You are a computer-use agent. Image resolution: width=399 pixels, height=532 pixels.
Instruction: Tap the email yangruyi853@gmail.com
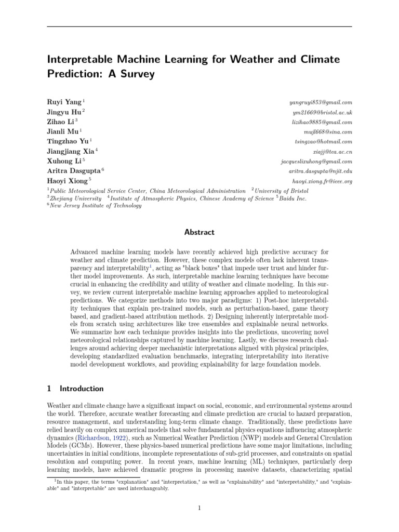click(322, 102)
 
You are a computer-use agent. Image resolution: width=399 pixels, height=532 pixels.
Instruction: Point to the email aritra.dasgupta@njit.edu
click(321, 171)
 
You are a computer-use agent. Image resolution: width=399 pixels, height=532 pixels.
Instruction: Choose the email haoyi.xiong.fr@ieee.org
click(322, 181)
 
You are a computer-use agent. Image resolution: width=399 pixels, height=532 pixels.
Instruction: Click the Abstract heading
click(199, 232)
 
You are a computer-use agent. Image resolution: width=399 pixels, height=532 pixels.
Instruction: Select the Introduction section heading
click(82, 389)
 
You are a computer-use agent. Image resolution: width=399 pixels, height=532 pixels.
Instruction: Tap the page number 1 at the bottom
click(199, 508)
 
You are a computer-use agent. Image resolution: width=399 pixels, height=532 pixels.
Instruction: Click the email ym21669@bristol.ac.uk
click(323, 112)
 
